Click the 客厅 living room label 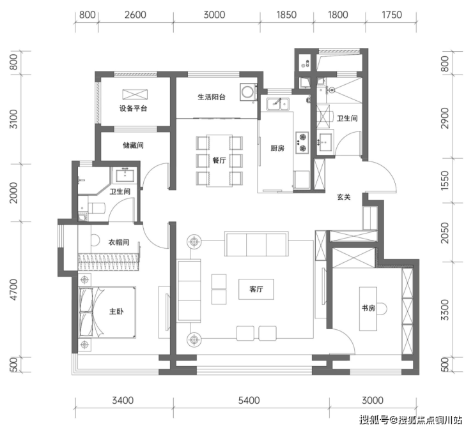256,289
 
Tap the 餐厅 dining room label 219,160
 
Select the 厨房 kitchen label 277,148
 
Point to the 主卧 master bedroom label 116,311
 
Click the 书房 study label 368,308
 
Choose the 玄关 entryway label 344,197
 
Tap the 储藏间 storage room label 133,145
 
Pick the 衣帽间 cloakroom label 119,242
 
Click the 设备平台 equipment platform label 133,108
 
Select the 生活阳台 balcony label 212,97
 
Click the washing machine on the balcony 248,92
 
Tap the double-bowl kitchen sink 277,104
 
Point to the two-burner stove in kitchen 302,142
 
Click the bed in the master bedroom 107,312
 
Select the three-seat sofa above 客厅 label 256,244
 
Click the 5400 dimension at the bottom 249,401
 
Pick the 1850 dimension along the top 286,15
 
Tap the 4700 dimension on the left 14,289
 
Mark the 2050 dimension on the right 445,233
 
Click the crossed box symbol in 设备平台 135,94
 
